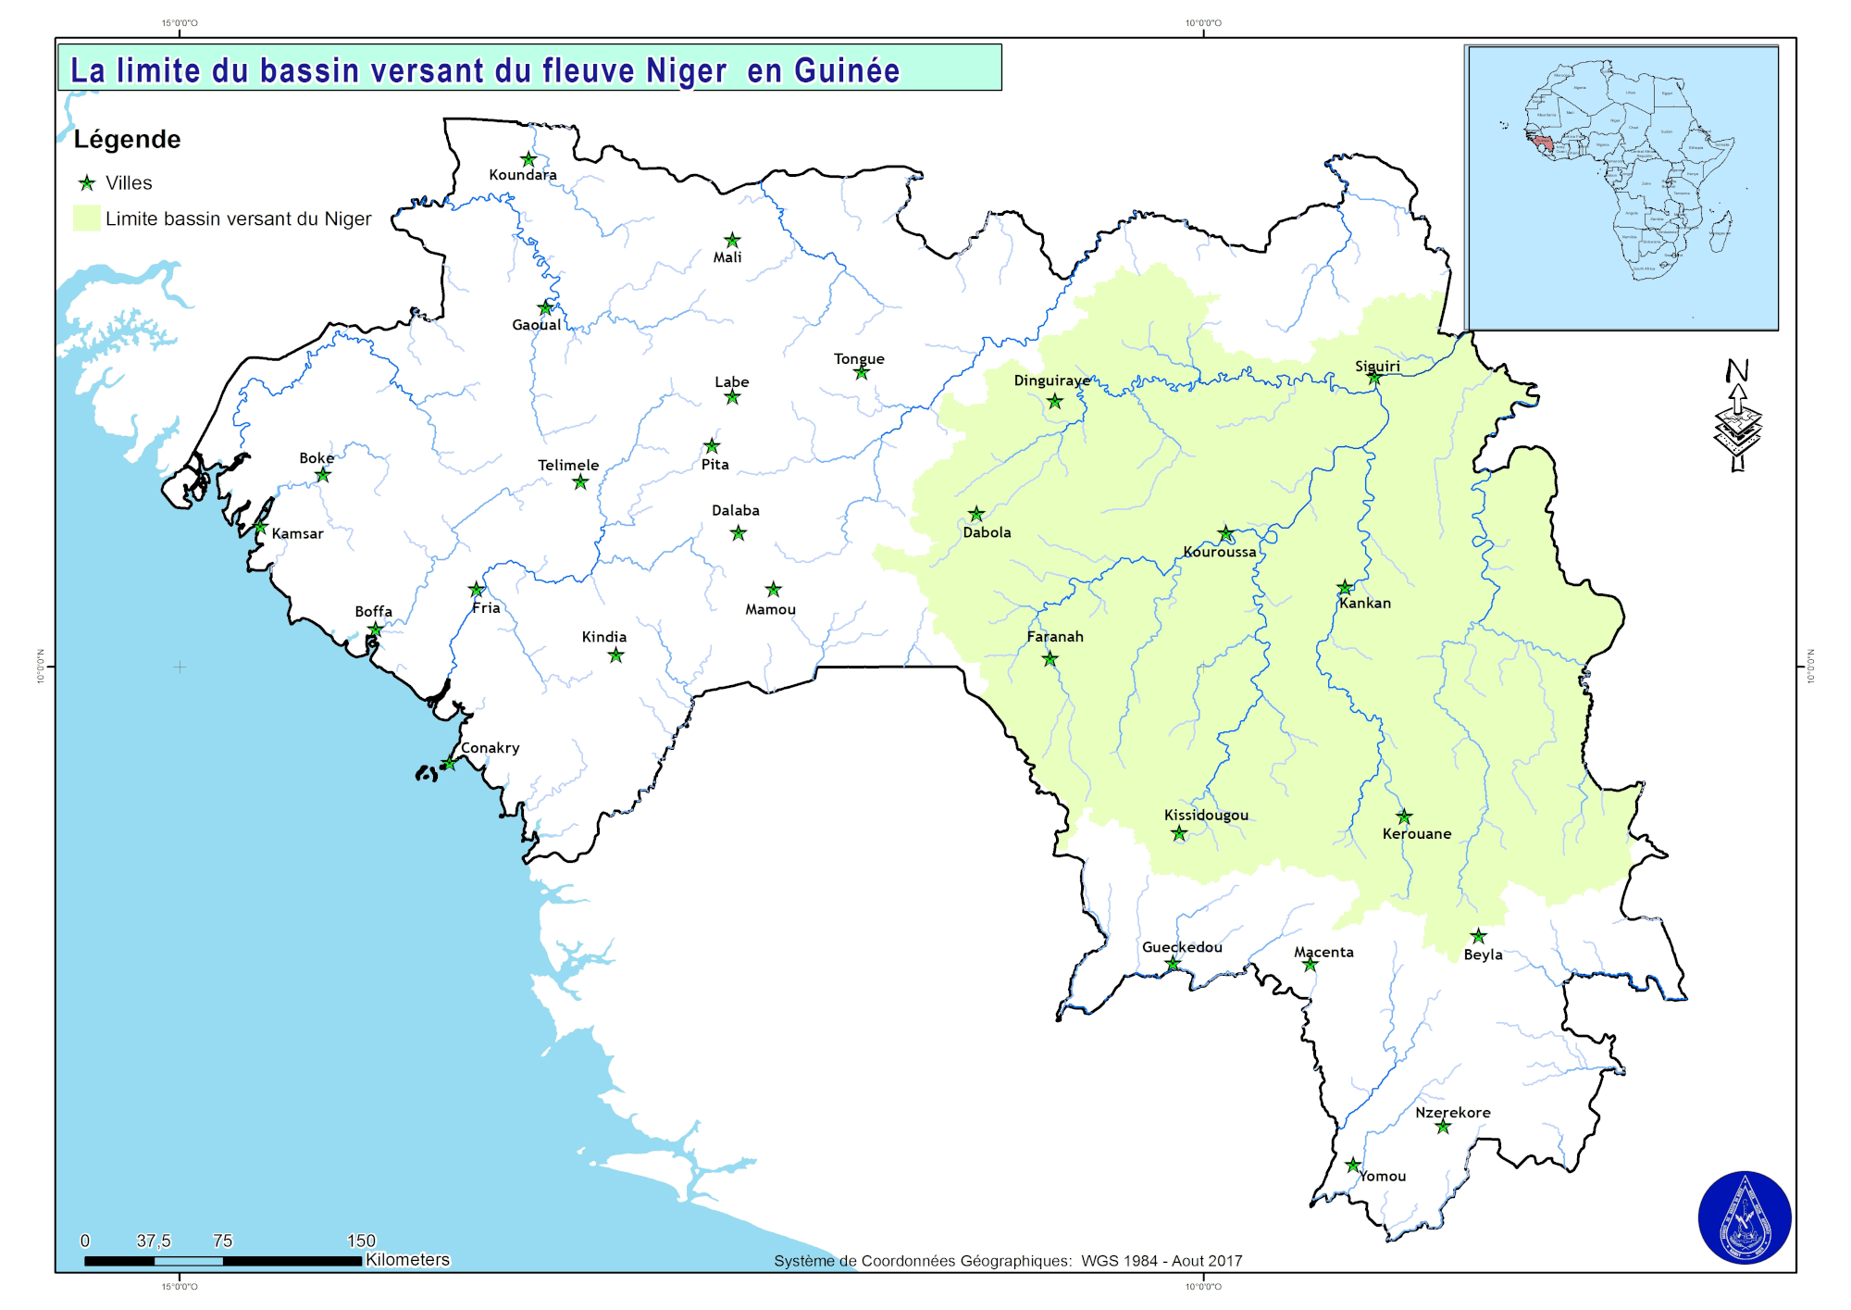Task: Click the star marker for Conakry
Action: point(449,764)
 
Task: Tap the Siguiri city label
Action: point(1377,367)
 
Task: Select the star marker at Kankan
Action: point(1345,588)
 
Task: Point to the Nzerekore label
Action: point(1452,1113)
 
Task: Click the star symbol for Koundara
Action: point(528,159)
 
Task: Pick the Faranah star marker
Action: point(1050,659)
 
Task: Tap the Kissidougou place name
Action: point(1206,816)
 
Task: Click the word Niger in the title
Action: point(686,71)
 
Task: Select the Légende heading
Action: point(127,140)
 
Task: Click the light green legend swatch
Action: point(86,218)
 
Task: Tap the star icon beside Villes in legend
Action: point(87,183)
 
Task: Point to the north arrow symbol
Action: point(1737,417)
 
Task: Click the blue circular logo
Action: point(1745,1217)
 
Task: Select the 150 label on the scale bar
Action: point(361,1241)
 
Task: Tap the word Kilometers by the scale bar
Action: point(407,1260)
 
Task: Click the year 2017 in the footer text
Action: point(1225,1261)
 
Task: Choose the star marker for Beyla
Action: point(1479,936)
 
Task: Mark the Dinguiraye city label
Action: point(1051,381)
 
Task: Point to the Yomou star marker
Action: point(1353,1166)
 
